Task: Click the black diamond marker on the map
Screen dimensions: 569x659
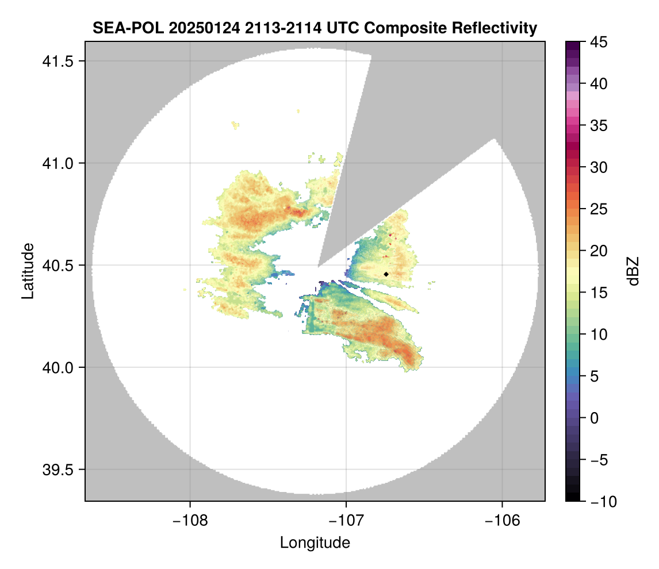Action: coord(386,274)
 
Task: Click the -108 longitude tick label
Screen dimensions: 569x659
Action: coord(190,520)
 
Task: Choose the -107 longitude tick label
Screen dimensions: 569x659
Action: coord(346,520)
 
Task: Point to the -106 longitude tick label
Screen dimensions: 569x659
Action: coord(503,520)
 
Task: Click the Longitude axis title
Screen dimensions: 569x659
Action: coord(315,542)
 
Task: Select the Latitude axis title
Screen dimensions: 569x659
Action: coord(28,271)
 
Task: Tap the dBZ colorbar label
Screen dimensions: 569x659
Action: coord(633,271)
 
